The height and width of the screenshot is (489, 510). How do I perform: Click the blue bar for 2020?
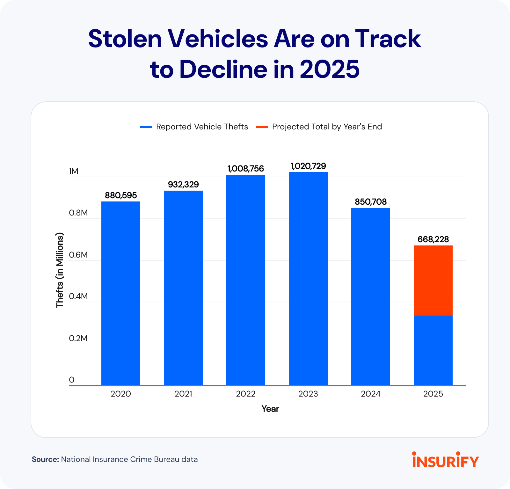click(121, 293)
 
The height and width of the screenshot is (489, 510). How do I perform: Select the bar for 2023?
click(308, 279)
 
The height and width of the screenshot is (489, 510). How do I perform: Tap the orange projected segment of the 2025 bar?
click(433, 281)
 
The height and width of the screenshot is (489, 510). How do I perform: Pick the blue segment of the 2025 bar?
click(433, 351)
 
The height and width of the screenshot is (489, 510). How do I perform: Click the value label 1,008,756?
click(246, 169)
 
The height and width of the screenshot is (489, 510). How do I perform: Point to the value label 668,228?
click(433, 239)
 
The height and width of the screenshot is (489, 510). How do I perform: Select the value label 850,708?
click(371, 202)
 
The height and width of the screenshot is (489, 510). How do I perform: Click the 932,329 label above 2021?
click(183, 185)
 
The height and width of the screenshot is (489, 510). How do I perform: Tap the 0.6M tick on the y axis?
click(78, 255)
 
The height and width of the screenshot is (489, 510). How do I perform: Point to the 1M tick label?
click(74, 172)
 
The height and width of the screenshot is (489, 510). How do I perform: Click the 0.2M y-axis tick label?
click(78, 338)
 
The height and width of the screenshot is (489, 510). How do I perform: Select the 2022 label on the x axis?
click(246, 394)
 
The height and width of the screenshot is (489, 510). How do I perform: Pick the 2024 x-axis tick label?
click(371, 394)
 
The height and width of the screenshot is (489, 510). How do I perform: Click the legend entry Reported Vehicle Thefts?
click(202, 127)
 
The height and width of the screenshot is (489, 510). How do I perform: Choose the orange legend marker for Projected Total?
click(262, 127)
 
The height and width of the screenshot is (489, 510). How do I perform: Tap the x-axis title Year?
click(270, 409)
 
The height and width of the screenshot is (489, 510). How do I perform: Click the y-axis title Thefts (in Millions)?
click(60, 270)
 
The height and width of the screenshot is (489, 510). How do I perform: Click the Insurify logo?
click(446, 460)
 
